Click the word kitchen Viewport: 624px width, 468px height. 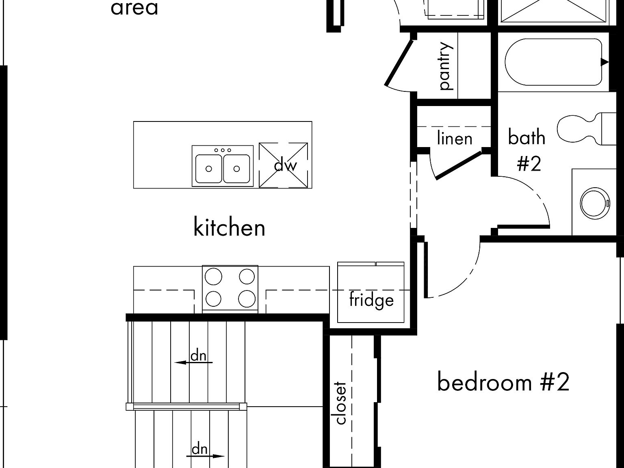tap(229, 227)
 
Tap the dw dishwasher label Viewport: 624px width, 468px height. tap(286, 165)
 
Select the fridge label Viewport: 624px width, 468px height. tap(371, 300)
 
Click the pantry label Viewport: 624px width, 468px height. tap(446, 65)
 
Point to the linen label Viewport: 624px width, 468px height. tap(455, 139)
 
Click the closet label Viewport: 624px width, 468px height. tap(341, 403)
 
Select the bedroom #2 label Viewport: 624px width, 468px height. tap(503, 382)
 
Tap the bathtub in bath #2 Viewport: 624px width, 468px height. tap(553, 62)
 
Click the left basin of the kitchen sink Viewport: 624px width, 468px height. tap(208, 168)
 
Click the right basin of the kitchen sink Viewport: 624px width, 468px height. tap(236, 168)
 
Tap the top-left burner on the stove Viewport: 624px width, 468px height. tap(214, 277)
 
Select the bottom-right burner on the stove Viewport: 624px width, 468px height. tap(247, 299)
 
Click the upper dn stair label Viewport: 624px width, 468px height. tap(199, 356)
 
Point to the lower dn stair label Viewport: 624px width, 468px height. tap(199, 449)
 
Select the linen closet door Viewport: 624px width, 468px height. tap(458, 165)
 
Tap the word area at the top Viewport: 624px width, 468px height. tap(134, 8)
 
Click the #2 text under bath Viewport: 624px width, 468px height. tap(529, 164)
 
